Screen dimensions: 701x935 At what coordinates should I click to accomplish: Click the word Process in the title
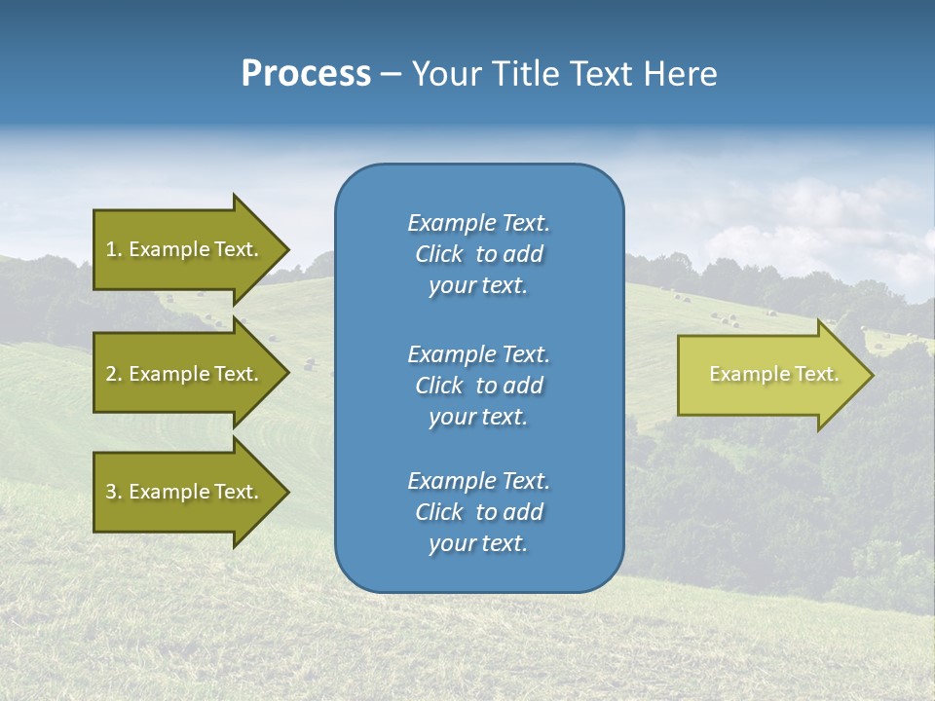click(306, 74)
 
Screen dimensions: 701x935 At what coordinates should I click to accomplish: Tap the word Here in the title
click(680, 74)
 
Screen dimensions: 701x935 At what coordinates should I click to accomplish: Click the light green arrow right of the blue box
click(769, 375)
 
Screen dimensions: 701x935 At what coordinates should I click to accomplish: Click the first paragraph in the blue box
click(478, 254)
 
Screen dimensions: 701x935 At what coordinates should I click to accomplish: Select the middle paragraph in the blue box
click(478, 385)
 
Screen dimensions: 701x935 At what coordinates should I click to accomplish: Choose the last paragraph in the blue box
click(478, 511)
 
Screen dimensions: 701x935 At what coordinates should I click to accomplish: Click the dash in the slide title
click(392, 75)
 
